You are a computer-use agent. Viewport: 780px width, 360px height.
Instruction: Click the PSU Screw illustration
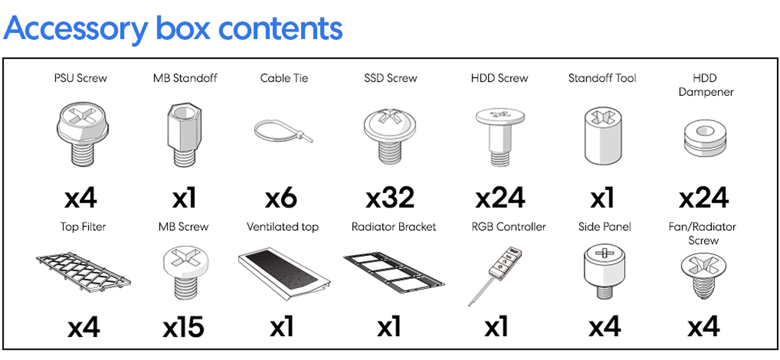[x=80, y=135]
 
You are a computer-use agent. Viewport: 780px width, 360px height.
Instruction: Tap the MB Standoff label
[x=185, y=78]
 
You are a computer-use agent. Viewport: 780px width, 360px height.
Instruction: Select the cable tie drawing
[x=283, y=131]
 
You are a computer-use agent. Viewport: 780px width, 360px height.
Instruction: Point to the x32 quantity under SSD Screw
[x=390, y=198]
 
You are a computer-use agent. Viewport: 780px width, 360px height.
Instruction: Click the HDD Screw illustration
[x=499, y=135]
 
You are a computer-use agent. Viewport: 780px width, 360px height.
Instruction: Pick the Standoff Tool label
[x=601, y=78]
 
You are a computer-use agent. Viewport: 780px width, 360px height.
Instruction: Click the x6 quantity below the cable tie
[x=282, y=198]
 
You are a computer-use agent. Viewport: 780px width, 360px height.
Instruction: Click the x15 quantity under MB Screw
[x=183, y=328]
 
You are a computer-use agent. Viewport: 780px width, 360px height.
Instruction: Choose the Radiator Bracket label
[x=394, y=227]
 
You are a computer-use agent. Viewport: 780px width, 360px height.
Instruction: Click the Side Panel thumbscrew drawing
[x=604, y=272]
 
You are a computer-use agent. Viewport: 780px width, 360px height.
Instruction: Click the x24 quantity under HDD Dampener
[x=704, y=198]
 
